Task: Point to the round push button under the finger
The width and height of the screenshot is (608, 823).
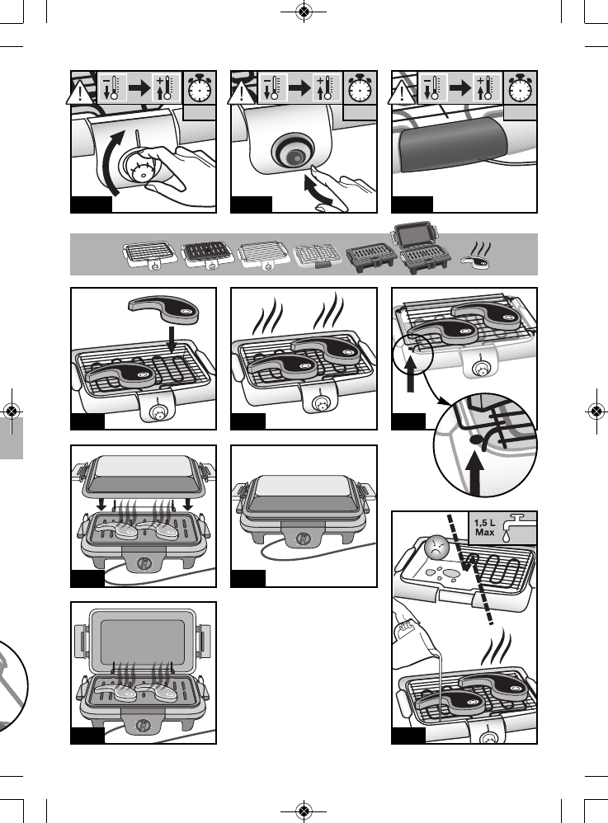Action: point(293,154)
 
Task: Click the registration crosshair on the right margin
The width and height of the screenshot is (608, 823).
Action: point(596,411)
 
